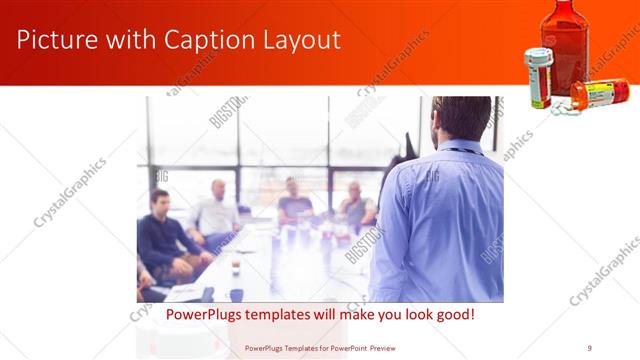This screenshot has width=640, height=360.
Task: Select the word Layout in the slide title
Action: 300,41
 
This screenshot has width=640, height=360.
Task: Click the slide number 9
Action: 589,347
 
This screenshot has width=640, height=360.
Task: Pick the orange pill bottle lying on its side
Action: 598,93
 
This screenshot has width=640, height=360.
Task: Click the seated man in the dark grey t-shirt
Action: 295,200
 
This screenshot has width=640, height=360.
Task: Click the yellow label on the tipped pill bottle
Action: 603,94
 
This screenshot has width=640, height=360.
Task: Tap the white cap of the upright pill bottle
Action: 537,55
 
